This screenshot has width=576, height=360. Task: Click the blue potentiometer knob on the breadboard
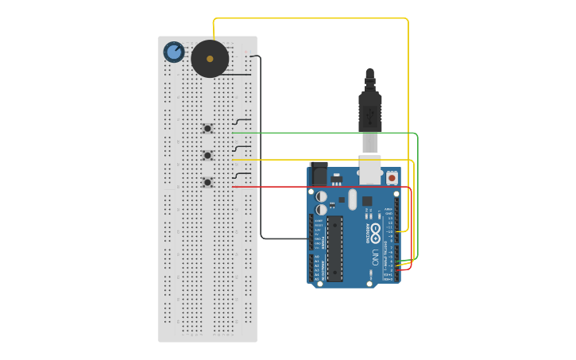(174, 52)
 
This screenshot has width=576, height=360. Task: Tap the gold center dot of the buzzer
(210, 59)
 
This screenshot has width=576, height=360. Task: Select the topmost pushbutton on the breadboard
(207, 129)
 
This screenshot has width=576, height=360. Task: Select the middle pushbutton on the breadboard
(207, 155)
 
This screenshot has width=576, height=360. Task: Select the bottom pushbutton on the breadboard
(207, 182)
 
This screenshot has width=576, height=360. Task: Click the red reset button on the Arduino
(392, 179)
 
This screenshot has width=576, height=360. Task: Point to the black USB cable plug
(369, 111)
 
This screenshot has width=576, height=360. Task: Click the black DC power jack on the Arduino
(319, 174)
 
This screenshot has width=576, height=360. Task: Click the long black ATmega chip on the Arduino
(335, 248)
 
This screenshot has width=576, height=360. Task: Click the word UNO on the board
(374, 257)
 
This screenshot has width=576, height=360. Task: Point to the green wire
(334, 133)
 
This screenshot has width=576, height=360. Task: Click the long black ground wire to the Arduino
(261, 159)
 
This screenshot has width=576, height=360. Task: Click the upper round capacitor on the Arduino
(321, 195)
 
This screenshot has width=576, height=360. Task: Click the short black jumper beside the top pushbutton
(242, 121)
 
